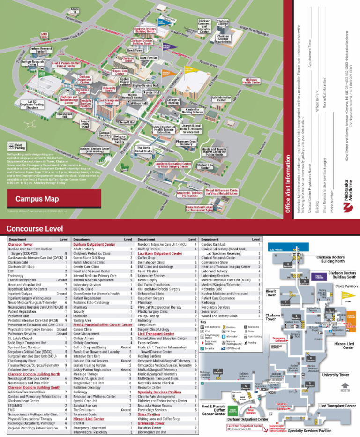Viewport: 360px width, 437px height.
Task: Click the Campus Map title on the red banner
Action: (37, 199)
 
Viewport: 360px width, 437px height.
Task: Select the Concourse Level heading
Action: (34, 228)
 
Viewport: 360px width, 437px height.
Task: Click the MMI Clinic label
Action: (45, 35)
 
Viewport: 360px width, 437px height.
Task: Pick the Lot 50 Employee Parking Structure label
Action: (32, 105)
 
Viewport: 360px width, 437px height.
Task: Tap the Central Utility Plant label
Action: (85, 124)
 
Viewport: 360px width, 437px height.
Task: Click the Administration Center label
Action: (222, 99)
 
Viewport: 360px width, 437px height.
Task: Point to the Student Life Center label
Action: (205, 166)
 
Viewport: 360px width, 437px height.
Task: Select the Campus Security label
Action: (105, 134)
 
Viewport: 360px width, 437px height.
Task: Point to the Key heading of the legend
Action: (203, 322)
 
